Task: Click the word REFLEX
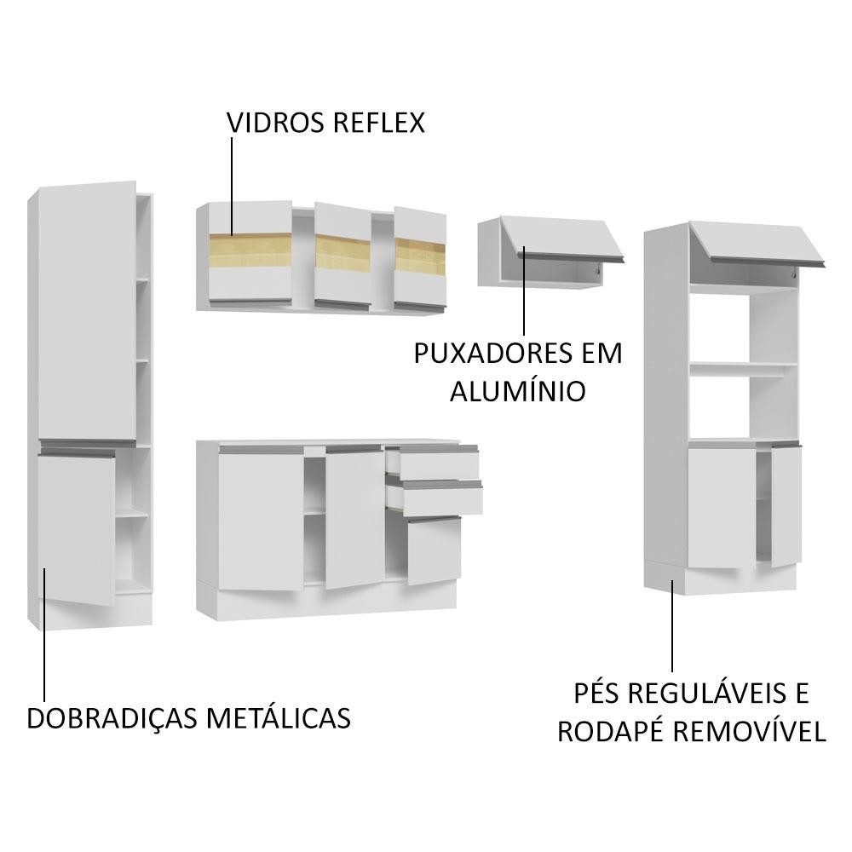point(379,123)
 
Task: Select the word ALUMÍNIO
point(517,391)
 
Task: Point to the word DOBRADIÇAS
point(112,718)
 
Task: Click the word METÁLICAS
point(279,718)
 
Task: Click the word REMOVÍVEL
point(750,731)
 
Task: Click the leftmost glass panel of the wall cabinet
point(250,251)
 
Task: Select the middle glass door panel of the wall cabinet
point(343,254)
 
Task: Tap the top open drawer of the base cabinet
point(433,463)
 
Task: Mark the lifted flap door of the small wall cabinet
point(561,239)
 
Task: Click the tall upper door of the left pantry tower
point(87,311)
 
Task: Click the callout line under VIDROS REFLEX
point(232,187)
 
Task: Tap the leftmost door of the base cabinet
point(262,520)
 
